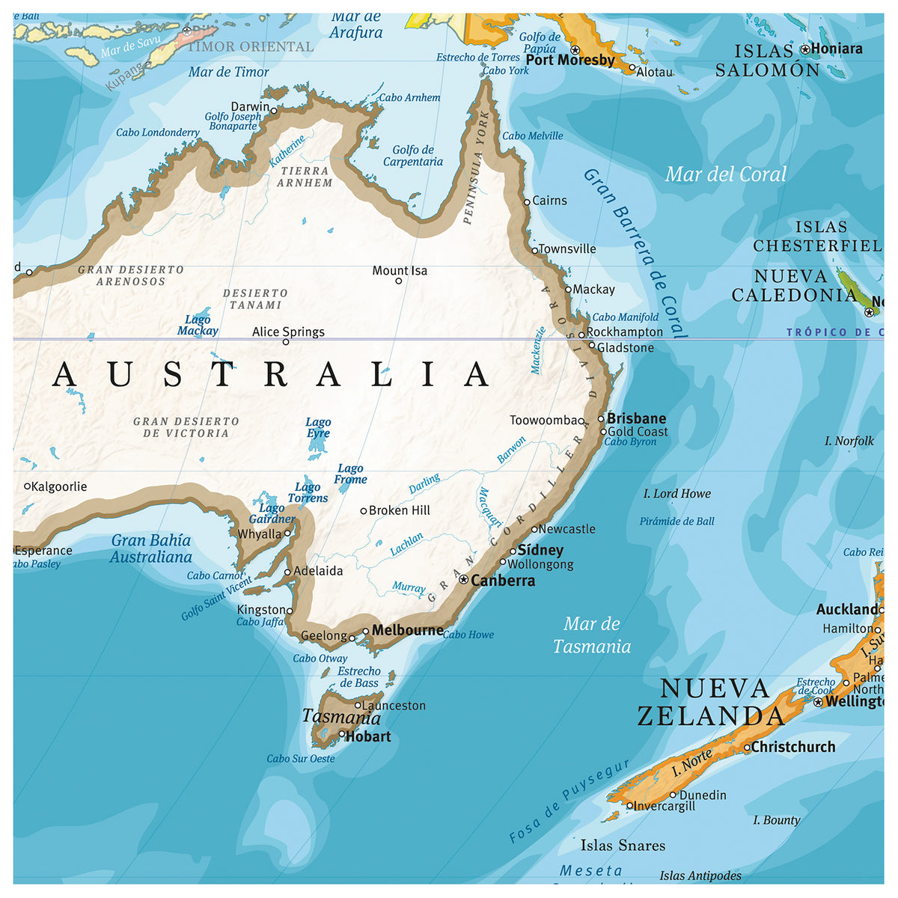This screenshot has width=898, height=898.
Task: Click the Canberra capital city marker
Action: [x=463, y=579]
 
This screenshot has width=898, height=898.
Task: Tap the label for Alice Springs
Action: [x=288, y=332]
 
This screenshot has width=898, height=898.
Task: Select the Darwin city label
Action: [x=250, y=106]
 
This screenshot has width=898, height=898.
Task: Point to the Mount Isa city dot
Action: [x=398, y=281]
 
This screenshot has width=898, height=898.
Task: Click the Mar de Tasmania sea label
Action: [x=592, y=635]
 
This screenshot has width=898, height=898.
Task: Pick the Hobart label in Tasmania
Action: [x=368, y=736]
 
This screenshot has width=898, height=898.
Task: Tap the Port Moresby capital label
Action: [x=570, y=60]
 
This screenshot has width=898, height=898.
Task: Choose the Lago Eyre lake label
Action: [x=318, y=428]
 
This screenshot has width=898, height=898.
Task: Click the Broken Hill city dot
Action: [x=364, y=511]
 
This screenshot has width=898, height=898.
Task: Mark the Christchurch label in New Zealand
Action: [x=793, y=747]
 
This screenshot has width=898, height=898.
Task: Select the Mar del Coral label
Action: [x=726, y=174]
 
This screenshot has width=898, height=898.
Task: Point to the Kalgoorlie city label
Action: [x=60, y=486]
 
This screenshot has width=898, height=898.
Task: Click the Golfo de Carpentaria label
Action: [x=413, y=156]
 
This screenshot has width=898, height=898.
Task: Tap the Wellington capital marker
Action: [x=818, y=702]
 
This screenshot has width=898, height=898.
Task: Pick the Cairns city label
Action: [x=550, y=201]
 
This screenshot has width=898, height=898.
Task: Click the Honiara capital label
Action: [x=837, y=49]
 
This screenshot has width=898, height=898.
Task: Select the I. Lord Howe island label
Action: [x=677, y=494]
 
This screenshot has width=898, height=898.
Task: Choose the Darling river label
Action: [x=424, y=483]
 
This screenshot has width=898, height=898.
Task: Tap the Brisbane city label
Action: [x=636, y=418]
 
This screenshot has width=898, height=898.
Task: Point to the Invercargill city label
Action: [x=665, y=806]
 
